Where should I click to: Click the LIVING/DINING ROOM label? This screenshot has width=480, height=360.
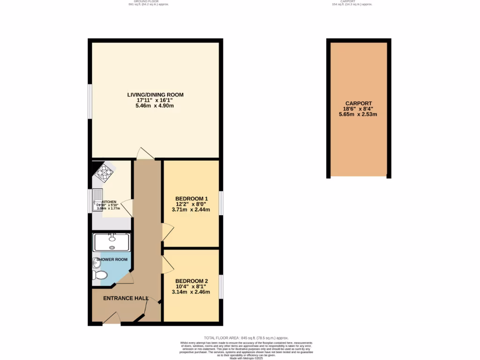pos(155,95)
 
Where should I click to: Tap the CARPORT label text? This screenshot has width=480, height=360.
pos(359,104)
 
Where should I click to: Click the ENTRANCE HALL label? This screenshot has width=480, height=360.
pos(126,298)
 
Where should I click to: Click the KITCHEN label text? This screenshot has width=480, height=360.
pos(109,202)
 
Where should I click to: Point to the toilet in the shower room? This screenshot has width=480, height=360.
pos(97,275)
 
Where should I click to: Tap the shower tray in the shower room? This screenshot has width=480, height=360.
pos(112,242)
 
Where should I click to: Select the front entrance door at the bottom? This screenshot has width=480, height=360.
pos(112,318)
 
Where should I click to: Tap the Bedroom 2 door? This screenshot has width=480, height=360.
pos(167,265)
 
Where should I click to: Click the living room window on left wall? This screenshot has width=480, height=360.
pos(90,102)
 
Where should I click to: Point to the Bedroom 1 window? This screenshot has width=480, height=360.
pos(220,202)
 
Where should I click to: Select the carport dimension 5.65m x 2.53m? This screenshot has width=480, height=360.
pos(359,114)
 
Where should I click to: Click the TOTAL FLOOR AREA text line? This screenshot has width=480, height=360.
pos(246,338)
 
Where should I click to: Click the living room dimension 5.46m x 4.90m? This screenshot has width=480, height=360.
pos(155,106)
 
